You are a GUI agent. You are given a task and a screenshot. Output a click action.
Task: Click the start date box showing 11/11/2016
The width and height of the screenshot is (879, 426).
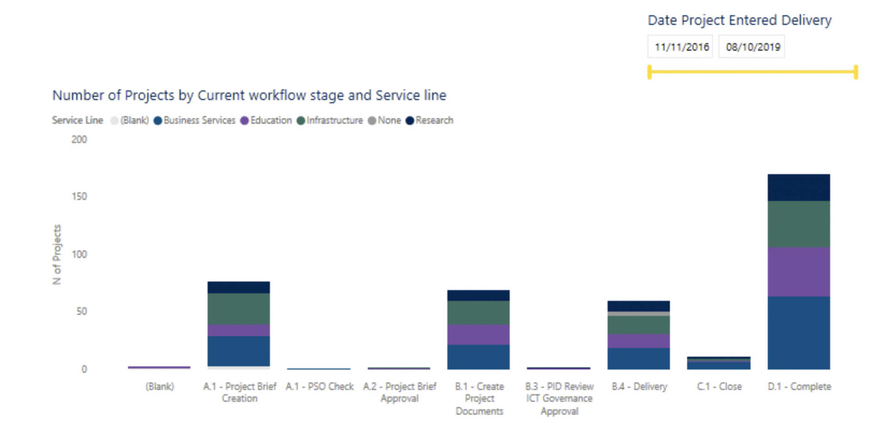pos(680,47)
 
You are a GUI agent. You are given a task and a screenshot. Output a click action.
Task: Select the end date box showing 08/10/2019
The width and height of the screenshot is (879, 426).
pos(752,47)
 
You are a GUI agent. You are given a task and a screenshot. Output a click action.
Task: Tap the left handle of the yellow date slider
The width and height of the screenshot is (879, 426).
pos(649,72)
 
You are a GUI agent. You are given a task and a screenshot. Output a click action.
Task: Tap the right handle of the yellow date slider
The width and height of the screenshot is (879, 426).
pos(856,72)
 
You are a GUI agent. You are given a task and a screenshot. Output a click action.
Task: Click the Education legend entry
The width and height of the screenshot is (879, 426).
pos(266,120)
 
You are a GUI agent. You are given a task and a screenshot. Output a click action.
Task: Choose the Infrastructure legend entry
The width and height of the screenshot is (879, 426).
pos(330,120)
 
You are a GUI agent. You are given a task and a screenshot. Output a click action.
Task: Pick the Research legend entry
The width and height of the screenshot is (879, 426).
pos(430,120)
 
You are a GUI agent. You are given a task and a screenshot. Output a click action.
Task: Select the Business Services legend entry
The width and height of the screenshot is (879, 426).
pos(195,120)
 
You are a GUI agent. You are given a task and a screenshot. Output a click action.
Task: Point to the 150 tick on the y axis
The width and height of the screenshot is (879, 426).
pos(79,196)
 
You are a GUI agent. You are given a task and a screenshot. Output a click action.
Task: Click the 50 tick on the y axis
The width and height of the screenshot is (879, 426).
pos(81,312)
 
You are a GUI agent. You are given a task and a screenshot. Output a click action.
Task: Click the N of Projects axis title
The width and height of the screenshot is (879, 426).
pos(57,255)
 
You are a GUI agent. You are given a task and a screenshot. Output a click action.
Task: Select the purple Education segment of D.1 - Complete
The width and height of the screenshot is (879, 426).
pos(799,272)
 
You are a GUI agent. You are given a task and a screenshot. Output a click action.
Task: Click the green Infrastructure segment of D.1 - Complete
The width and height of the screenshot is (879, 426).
pos(799,224)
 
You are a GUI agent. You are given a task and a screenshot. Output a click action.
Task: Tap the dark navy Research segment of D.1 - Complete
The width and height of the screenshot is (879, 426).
pos(799,187)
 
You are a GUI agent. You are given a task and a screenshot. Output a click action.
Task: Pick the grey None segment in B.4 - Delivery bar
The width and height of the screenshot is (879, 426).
pos(638,314)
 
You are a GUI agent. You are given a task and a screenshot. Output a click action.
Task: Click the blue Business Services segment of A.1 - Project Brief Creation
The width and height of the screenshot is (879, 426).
pos(239,351)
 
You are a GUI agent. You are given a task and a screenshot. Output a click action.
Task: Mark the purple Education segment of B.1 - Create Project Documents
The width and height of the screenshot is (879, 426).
pos(478,334)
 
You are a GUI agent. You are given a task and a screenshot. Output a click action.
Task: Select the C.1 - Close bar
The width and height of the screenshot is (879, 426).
pos(719,363)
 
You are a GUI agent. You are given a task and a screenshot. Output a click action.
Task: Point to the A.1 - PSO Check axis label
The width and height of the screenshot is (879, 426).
pos(320,386)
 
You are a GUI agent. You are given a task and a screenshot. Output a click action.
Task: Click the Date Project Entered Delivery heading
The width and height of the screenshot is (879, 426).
pos(739,20)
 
